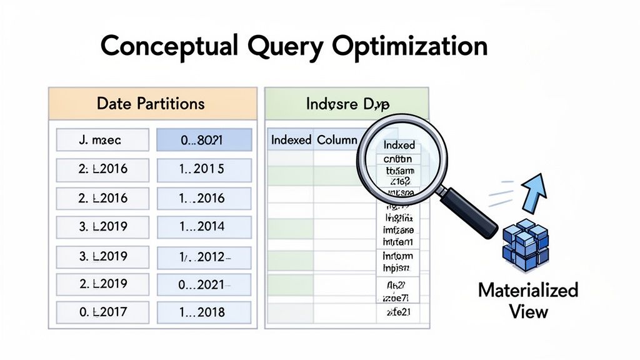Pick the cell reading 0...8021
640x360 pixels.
pos(203,141)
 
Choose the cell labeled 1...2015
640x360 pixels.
pos(203,169)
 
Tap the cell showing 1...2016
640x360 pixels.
pos(203,198)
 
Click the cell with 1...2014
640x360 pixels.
pos(203,227)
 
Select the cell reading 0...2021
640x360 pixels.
pos(203,284)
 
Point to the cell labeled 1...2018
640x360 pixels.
pos(203,312)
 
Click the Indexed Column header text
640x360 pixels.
pos(314,140)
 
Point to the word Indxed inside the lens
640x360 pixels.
pos(399,145)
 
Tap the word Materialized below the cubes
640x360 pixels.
pos(528,291)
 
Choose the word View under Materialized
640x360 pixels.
pos(529,311)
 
